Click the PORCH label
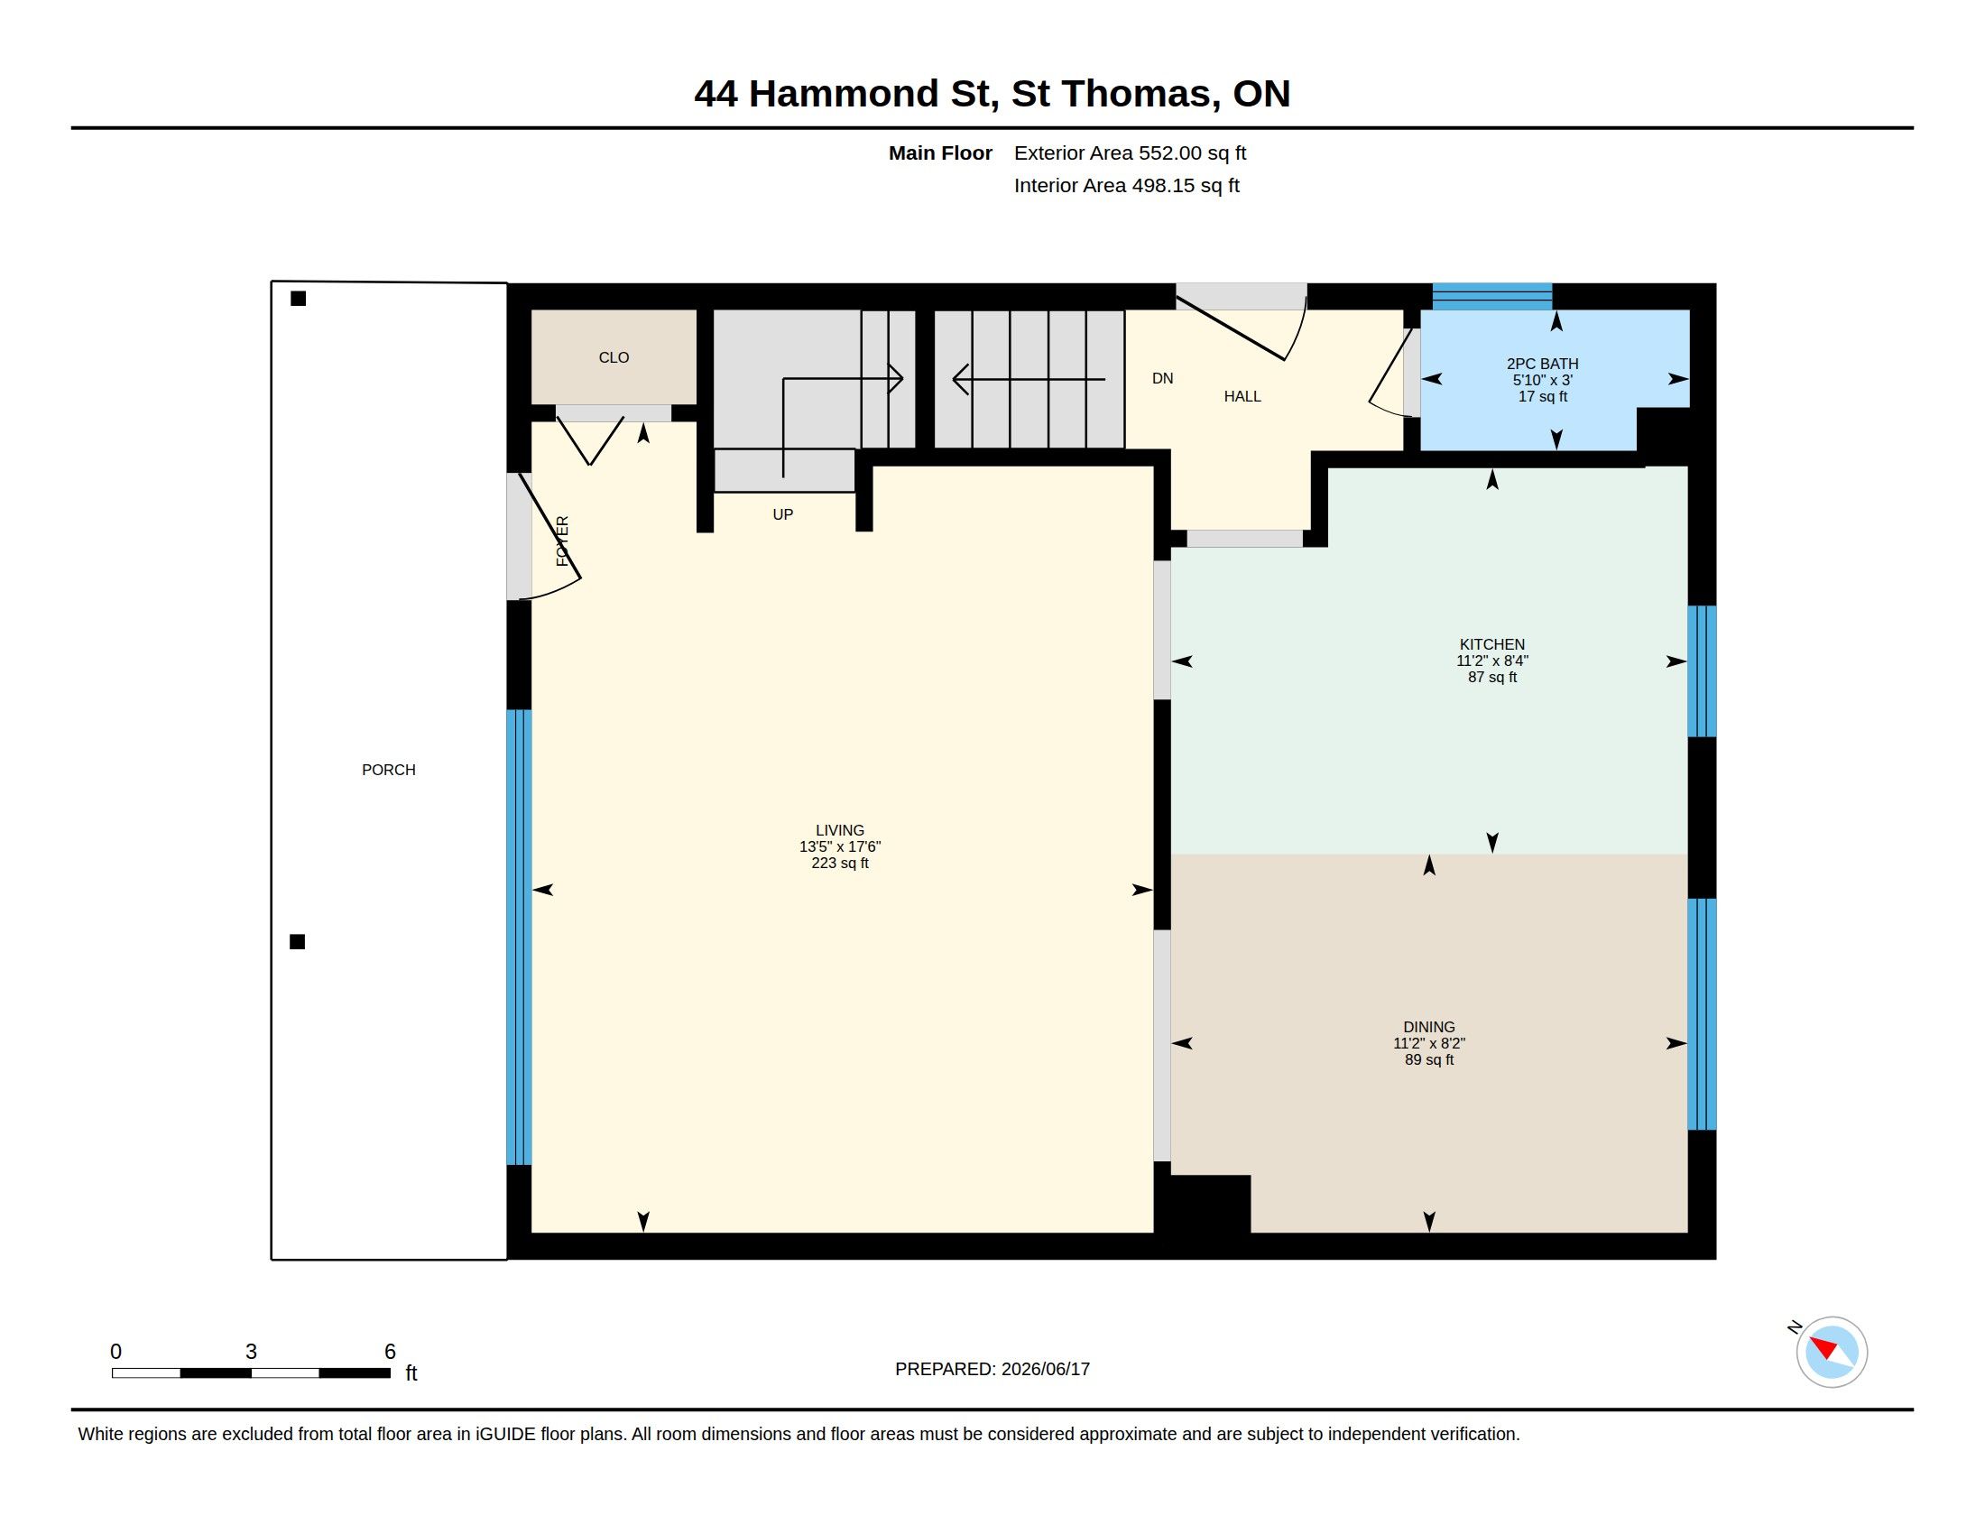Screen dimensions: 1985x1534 coord(388,770)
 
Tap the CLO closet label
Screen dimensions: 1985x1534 coord(614,357)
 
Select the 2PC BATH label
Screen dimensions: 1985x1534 coord(1542,364)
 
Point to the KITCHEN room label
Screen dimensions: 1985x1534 coord(1491,644)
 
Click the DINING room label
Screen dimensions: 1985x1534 coord(1429,1027)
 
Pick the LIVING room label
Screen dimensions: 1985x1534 coord(840,829)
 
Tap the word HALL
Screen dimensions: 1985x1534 coord(1242,396)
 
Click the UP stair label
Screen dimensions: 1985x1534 coord(782,514)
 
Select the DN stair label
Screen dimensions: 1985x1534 coord(1162,378)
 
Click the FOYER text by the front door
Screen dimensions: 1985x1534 coord(562,541)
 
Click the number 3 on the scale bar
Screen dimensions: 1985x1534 coord(251,1352)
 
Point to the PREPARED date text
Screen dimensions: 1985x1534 coord(992,1369)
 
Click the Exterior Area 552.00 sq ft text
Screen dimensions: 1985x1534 coord(1130,152)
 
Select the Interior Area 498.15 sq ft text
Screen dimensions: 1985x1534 coord(1126,185)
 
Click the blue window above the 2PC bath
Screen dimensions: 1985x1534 coord(1491,296)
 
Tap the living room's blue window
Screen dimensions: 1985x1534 coord(518,937)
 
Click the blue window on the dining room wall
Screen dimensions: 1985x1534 coord(1702,1014)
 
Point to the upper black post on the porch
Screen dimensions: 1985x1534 coord(298,298)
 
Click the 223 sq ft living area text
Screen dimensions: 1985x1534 coord(840,864)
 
